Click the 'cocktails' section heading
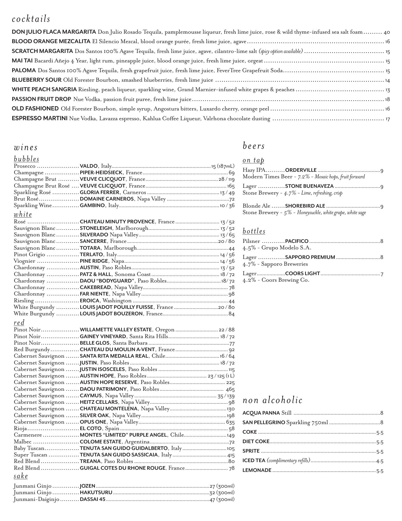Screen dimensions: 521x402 (x=31, y=19)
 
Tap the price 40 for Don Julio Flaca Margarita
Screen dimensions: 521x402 (x=387, y=32)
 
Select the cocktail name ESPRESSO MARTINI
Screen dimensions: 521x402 (x=40, y=118)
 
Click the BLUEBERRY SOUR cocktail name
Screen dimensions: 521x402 (x=37, y=80)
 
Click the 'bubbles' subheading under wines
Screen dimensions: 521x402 (x=27, y=159)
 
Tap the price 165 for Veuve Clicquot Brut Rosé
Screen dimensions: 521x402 (x=231, y=186)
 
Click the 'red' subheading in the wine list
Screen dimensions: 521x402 (x=19, y=323)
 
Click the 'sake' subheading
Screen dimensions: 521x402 (x=21, y=476)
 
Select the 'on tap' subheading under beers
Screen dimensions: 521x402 (x=253, y=160)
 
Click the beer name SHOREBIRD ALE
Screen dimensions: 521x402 (x=305, y=206)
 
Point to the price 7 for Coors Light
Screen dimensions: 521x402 (x=382, y=274)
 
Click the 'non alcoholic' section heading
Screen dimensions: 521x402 (x=272, y=400)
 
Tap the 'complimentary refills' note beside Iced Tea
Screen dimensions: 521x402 (x=288, y=460)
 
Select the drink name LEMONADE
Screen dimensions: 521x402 (x=257, y=470)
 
